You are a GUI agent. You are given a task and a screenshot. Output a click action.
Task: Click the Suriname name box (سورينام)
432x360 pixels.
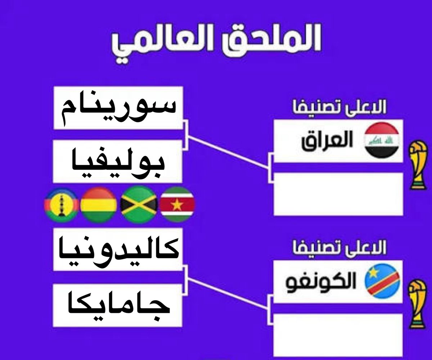(x=118, y=108)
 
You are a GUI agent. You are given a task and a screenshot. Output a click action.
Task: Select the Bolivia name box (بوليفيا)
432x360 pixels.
(x=118, y=161)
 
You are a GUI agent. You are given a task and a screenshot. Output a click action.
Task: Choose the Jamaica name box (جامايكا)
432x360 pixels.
(x=118, y=304)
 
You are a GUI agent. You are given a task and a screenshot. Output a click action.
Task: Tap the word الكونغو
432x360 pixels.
(x=321, y=283)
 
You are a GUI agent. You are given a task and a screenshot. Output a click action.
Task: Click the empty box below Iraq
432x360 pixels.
(x=338, y=194)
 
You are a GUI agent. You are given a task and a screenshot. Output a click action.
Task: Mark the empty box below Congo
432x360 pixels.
(x=338, y=335)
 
